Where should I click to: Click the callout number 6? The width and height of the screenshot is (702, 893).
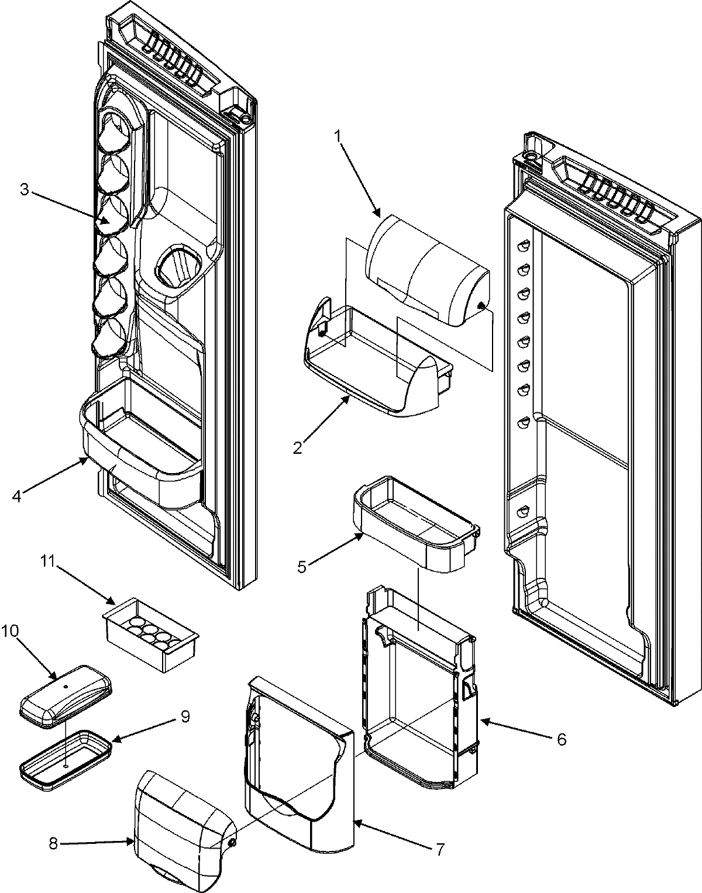click(562, 740)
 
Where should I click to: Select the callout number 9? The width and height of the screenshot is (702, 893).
click(185, 717)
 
